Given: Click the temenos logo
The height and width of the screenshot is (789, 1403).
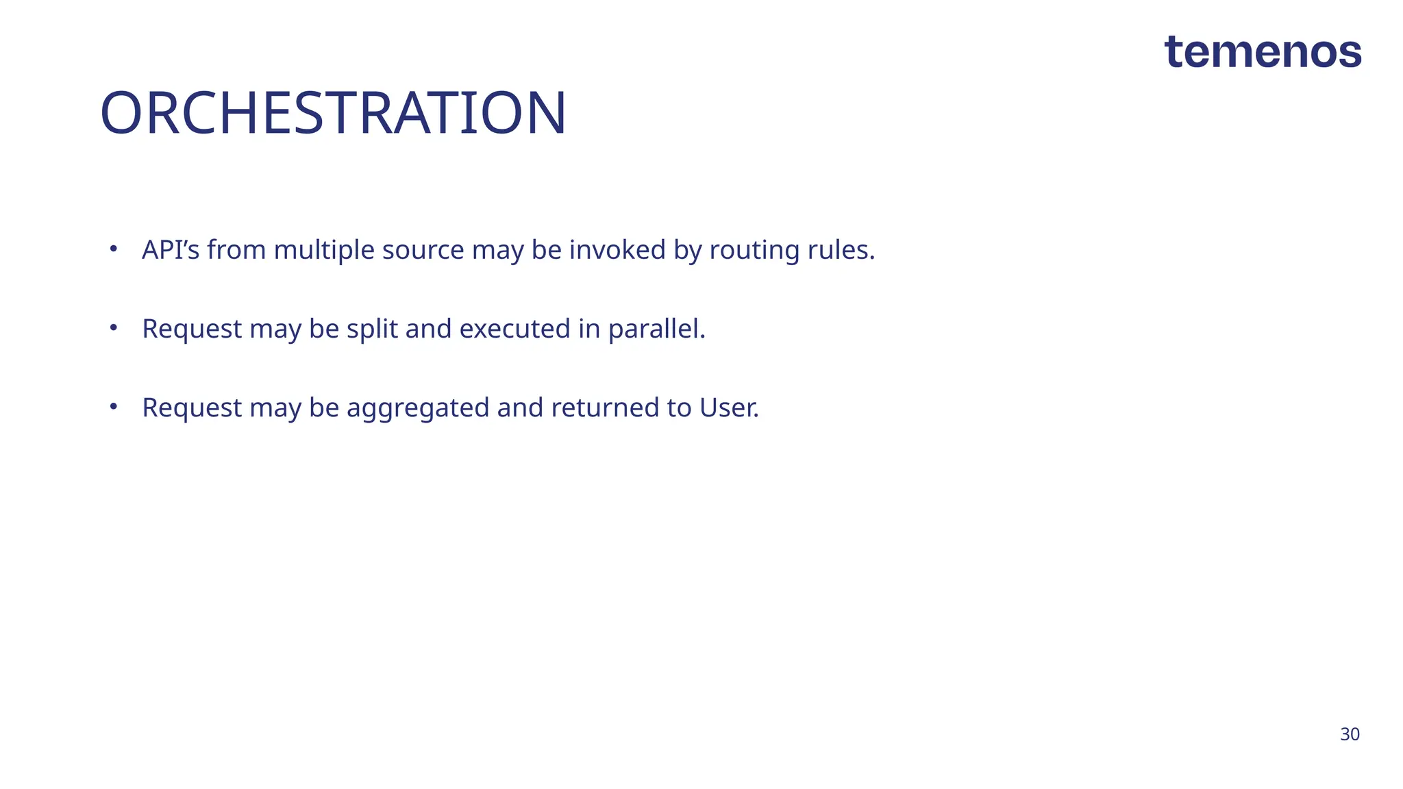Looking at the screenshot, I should [x=1263, y=52].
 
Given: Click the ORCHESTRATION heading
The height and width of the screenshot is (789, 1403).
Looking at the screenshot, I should [x=333, y=113].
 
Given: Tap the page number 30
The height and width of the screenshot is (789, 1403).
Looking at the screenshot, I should [x=1350, y=734].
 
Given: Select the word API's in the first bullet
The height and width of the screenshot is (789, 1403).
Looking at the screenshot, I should [x=171, y=250].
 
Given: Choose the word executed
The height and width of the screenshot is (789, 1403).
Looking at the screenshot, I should [x=514, y=329].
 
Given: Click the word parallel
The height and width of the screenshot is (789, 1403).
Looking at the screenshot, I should [x=656, y=329].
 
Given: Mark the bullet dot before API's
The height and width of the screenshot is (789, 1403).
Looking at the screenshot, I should [x=114, y=249].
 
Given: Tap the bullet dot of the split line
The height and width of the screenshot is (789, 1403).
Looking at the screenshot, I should [x=114, y=327].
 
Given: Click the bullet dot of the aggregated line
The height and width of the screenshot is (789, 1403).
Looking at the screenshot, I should [x=114, y=406].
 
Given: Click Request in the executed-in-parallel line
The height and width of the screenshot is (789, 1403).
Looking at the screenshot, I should [x=192, y=329].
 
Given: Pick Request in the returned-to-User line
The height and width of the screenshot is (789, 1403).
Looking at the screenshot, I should [x=192, y=408].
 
